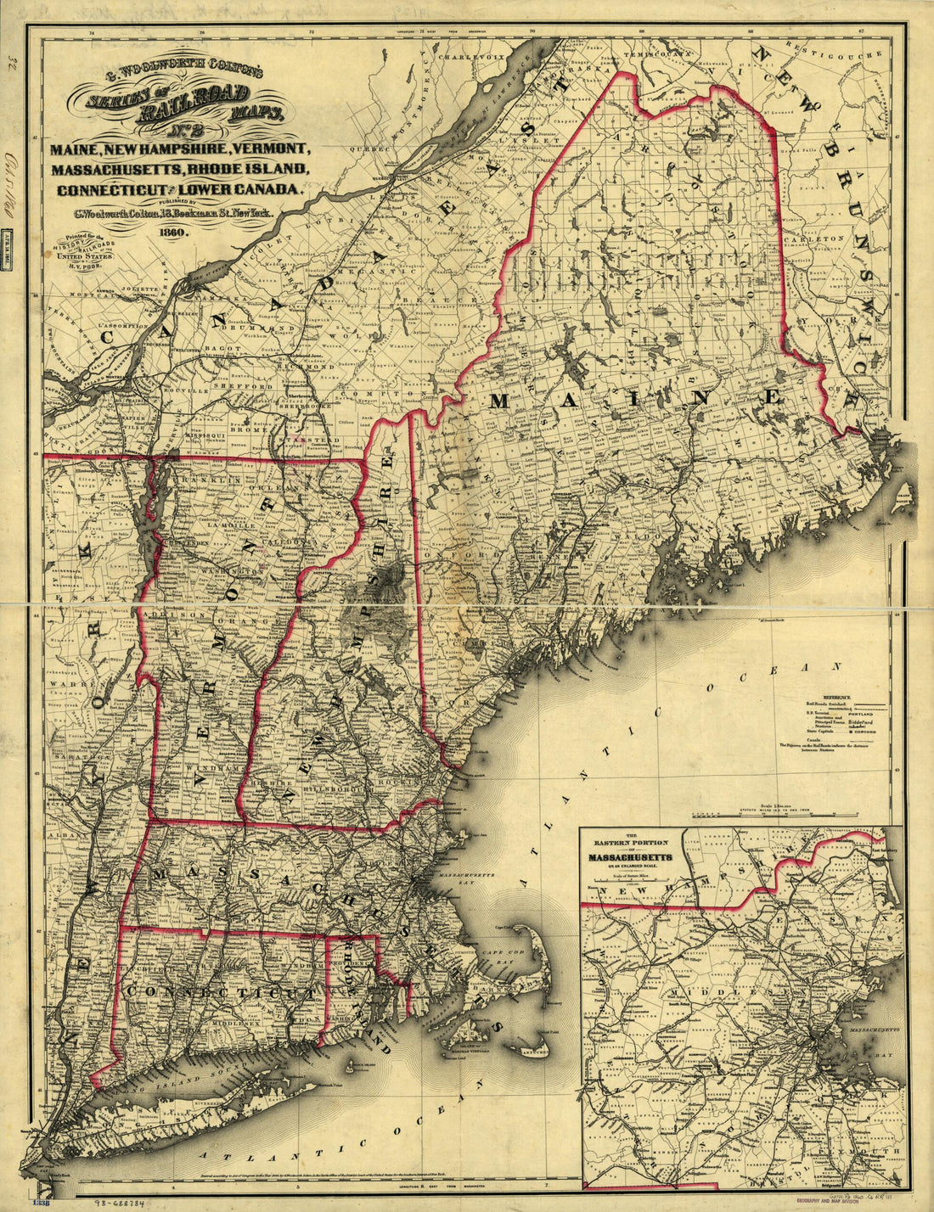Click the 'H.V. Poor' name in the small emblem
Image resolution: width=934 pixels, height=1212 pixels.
78,263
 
